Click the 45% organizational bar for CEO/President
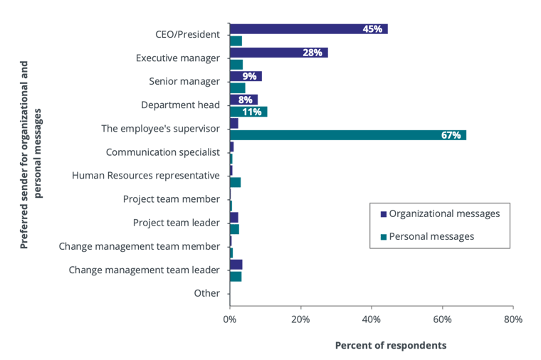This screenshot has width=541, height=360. pyautogui.click(x=309, y=29)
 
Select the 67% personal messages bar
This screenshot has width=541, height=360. pyautogui.click(x=348, y=135)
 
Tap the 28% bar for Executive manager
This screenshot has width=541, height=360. pyautogui.click(x=279, y=53)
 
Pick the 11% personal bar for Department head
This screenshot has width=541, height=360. pyautogui.click(x=248, y=112)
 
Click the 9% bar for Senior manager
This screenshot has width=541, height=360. pyautogui.click(x=246, y=76)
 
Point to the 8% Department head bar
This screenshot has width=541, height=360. pyautogui.click(x=243, y=100)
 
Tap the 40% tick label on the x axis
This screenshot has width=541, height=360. pyautogui.click(x=371, y=319)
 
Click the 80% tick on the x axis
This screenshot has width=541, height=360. pyautogui.click(x=512, y=319)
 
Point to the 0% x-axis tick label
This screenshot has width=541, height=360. pyautogui.click(x=229, y=319)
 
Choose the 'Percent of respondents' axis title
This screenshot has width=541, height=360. pyautogui.click(x=391, y=345)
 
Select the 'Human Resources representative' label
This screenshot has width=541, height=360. pyautogui.click(x=146, y=175)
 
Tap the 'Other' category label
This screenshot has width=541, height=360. pyautogui.click(x=207, y=293)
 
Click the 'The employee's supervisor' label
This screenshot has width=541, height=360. pyautogui.click(x=161, y=128)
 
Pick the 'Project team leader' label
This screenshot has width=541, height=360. pyautogui.click(x=176, y=223)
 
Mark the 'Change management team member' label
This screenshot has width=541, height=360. pyautogui.click(x=140, y=246)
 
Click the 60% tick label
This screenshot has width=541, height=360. pyautogui.click(x=442, y=319)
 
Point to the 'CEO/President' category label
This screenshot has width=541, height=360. pyautogui.click(x=188, y=34)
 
